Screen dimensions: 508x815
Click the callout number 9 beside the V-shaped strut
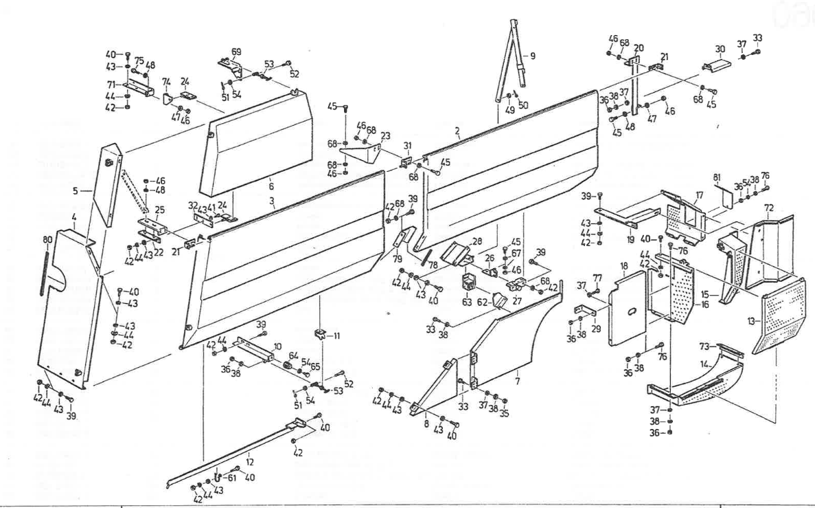(533, 56)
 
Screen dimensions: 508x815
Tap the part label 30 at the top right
(720, 49)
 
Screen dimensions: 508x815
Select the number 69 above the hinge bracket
(236, 52)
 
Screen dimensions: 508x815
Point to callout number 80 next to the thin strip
(47, 241)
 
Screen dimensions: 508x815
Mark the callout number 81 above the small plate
(717, 179)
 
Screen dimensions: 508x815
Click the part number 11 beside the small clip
(336, 336)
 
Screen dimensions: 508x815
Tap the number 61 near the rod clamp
(231, 478)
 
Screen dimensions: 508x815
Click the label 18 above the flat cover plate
(624, 265)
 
